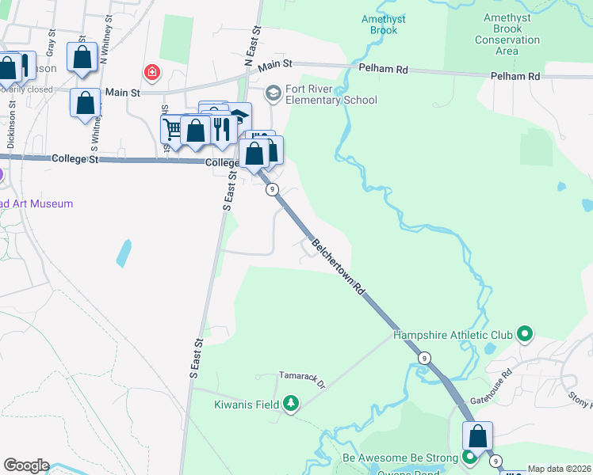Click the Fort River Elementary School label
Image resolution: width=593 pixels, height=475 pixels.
point(331,94)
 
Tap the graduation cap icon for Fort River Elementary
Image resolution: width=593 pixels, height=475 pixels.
point(274,94)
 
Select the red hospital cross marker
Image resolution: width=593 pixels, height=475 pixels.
point(151,74)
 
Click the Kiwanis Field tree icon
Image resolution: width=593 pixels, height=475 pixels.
point(291,405)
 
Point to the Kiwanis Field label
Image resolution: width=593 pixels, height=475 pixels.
point(246,405)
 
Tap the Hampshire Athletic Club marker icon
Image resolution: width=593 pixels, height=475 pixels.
point(524,335)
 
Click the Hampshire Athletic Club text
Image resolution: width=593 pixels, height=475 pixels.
point(453,335)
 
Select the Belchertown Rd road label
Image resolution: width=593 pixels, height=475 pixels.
point(337,266)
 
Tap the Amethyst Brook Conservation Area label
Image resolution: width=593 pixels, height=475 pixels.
point(507,34)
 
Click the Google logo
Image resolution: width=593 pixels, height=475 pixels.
point(26,465)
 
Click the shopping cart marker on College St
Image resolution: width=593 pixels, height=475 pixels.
point(174,128)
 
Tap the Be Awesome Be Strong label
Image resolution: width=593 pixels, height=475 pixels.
point(400,458)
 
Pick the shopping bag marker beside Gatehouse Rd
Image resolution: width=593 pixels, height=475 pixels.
point(478,435)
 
